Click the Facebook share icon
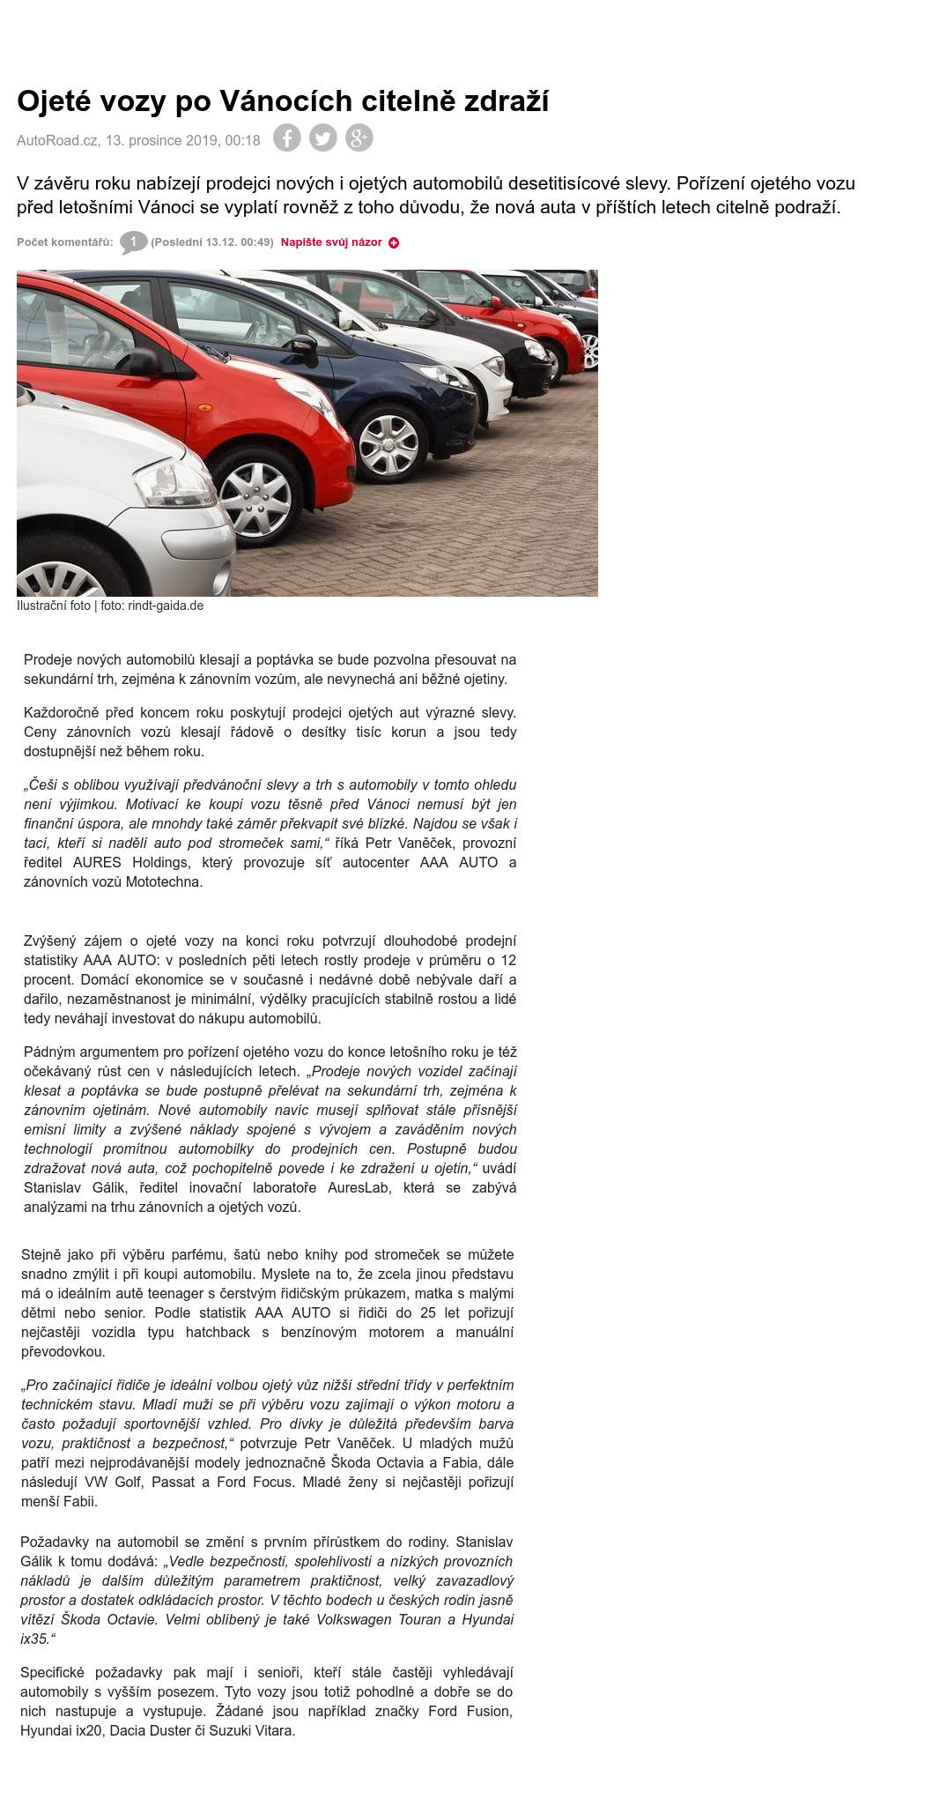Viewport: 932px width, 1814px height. pos(286,138)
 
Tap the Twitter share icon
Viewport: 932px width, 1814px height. pos(322,138)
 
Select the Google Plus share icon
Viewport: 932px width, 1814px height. pos(359,138)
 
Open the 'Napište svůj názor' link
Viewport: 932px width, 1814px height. pos(331,242)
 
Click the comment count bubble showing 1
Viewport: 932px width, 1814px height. pos(133,242)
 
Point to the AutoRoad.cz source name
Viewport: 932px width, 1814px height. pos(57,140)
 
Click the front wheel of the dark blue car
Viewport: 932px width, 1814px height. pos(388,440)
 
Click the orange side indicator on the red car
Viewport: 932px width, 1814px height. pos(205,408)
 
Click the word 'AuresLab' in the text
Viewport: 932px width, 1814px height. pos(360,1187)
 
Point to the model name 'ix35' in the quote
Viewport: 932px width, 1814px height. pos(34,1639)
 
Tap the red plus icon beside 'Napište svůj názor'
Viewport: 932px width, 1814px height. pos(394,242)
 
